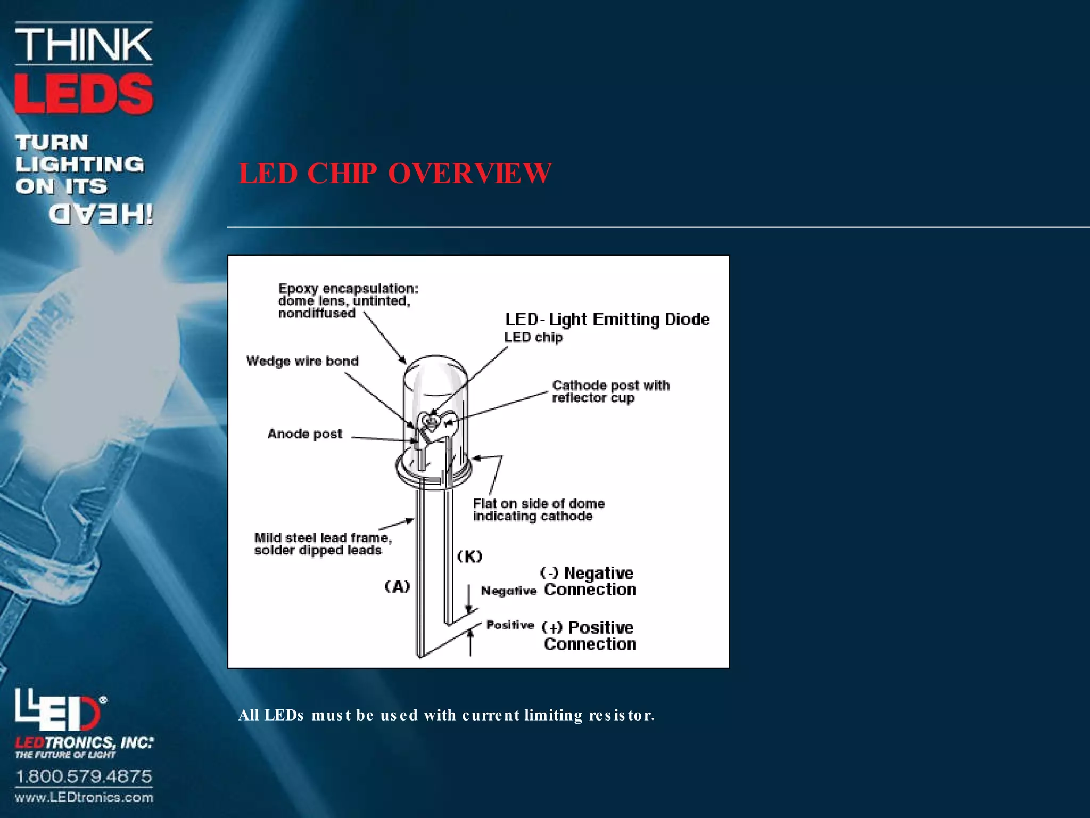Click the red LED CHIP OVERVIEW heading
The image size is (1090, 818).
394,173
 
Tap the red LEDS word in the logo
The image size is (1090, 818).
84,94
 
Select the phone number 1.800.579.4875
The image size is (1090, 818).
84,776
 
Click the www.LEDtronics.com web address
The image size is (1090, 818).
84,797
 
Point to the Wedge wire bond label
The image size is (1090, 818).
302,361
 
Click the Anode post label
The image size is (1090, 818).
304,433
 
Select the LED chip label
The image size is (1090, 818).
533,337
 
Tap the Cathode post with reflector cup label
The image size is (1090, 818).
610,391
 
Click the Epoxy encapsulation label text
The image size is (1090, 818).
348,300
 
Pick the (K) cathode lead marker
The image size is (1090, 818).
469,557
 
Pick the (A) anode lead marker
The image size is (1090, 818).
397,586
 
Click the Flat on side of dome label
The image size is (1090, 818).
538,510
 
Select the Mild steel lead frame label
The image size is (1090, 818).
323,544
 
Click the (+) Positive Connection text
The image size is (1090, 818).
589,635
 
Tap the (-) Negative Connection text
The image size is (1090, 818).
589,581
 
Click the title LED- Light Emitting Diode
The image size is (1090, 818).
607,319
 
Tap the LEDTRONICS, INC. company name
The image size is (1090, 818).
84,742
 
